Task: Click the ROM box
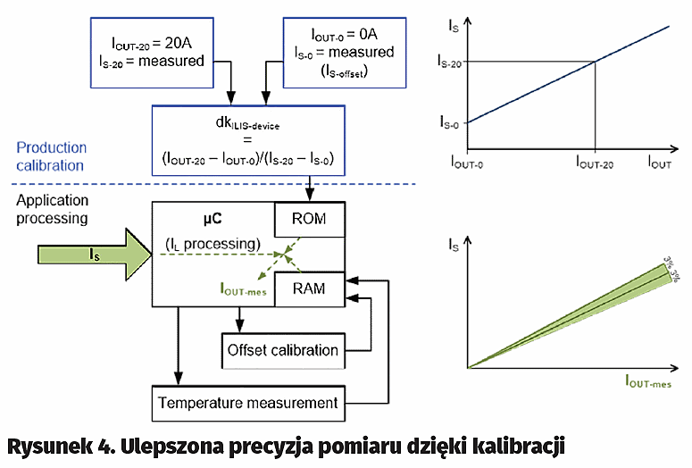click(309, 219)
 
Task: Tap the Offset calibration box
click(283, 350)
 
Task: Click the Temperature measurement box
click(247, 403)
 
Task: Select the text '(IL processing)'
click(212, 245)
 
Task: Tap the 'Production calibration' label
click(51, 156)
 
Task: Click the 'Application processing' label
click(51, 209)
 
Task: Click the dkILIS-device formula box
click(247, 139)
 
